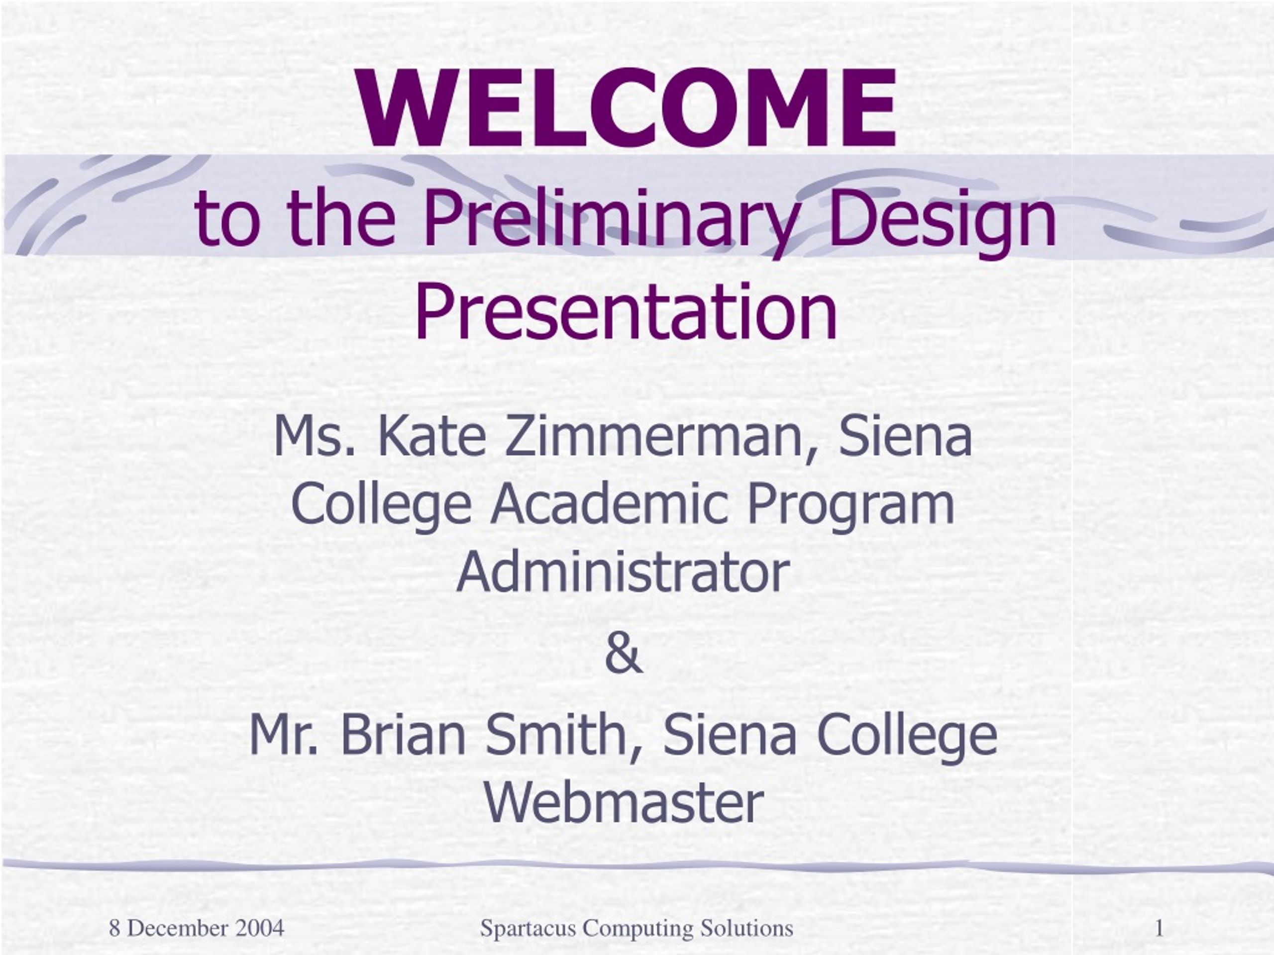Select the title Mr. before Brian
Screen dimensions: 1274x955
[283, 736]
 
